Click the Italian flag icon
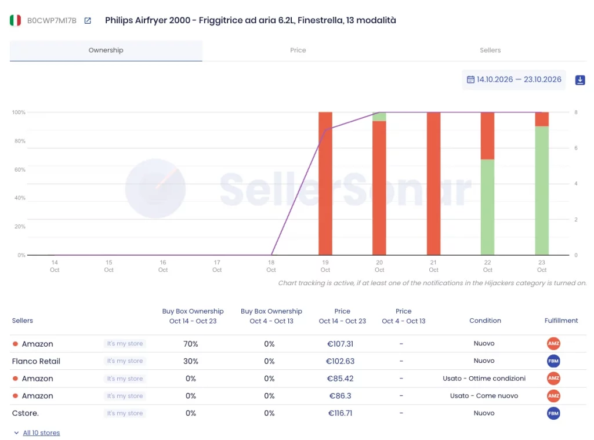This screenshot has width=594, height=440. [15, 20]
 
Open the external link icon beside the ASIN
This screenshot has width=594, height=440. [88, 20]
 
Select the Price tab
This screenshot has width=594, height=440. [298, 50]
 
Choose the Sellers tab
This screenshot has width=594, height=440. [490, 50]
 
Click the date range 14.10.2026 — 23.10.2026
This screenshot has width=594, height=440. [519, 79]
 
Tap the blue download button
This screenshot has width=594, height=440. [580, 80]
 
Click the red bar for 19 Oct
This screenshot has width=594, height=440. [325, 184]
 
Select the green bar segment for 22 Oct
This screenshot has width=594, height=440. [487, 207]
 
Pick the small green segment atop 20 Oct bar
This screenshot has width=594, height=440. [379, 117]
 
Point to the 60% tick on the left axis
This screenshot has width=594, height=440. [20, 170]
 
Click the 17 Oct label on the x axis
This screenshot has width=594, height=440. [217, 266]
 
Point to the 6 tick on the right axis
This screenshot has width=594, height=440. [576, 148]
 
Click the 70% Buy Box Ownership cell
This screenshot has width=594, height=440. [190, 344]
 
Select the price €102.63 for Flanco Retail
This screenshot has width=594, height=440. [340, 361]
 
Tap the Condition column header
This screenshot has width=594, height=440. [486, 321]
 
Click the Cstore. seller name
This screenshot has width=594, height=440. [26, 413]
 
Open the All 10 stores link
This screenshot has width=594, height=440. [41, 433]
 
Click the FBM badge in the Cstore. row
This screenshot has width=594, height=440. [553, 413]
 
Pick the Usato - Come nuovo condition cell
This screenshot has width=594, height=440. [484, 396]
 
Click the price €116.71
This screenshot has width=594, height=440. [340, 413]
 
